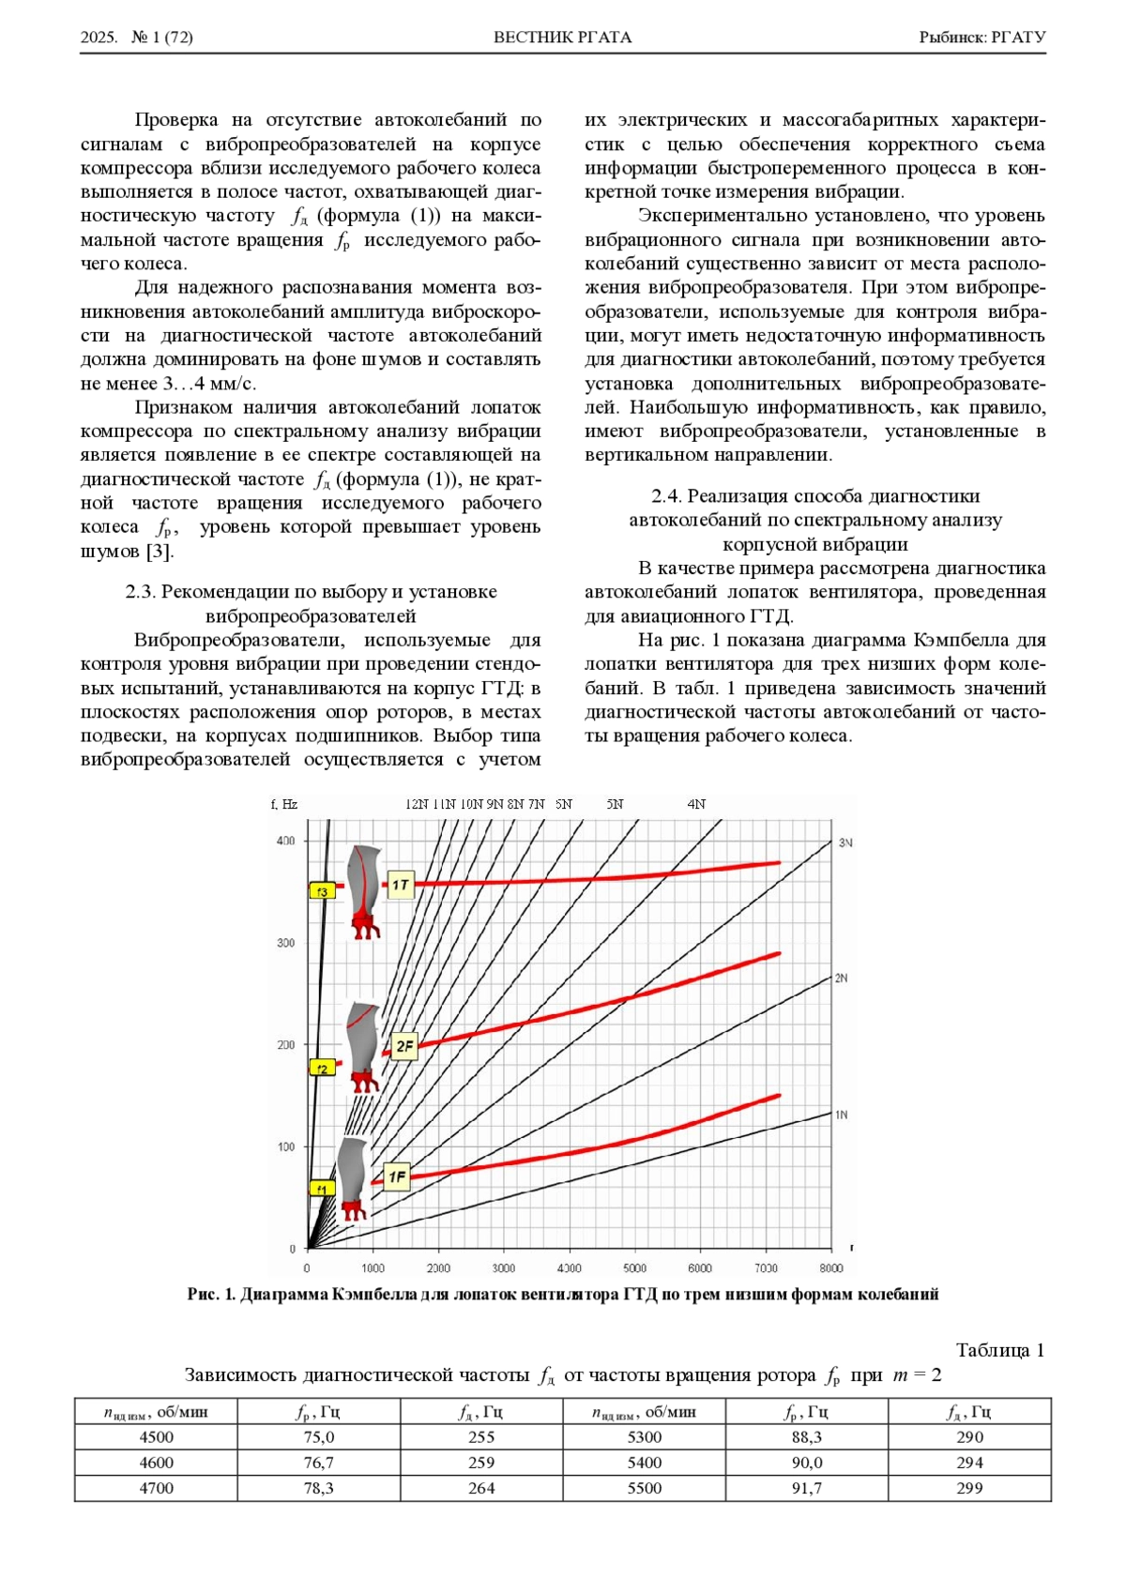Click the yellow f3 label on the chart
(323, 890)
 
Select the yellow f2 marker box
(322, 1068)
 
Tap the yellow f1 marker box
(322, 1188)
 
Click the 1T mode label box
(401, 885)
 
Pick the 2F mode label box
(403, 1046)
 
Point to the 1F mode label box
(397, 1177)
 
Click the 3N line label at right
(845, 842)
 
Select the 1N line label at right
(842, 1115)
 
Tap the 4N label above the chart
(696, 804)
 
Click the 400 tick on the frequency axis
(285, 841)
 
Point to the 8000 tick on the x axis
(831, 1267)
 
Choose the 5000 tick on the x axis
(635, 1267)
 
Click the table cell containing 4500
(156, 1437)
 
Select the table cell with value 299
(969, 1488)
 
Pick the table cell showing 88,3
(806, 1437)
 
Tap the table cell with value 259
(481, 1463)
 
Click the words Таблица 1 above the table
(1000, 1350)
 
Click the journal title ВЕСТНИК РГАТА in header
(563, 38)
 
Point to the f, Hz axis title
(284, 804)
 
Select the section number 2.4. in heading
(667, 495)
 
